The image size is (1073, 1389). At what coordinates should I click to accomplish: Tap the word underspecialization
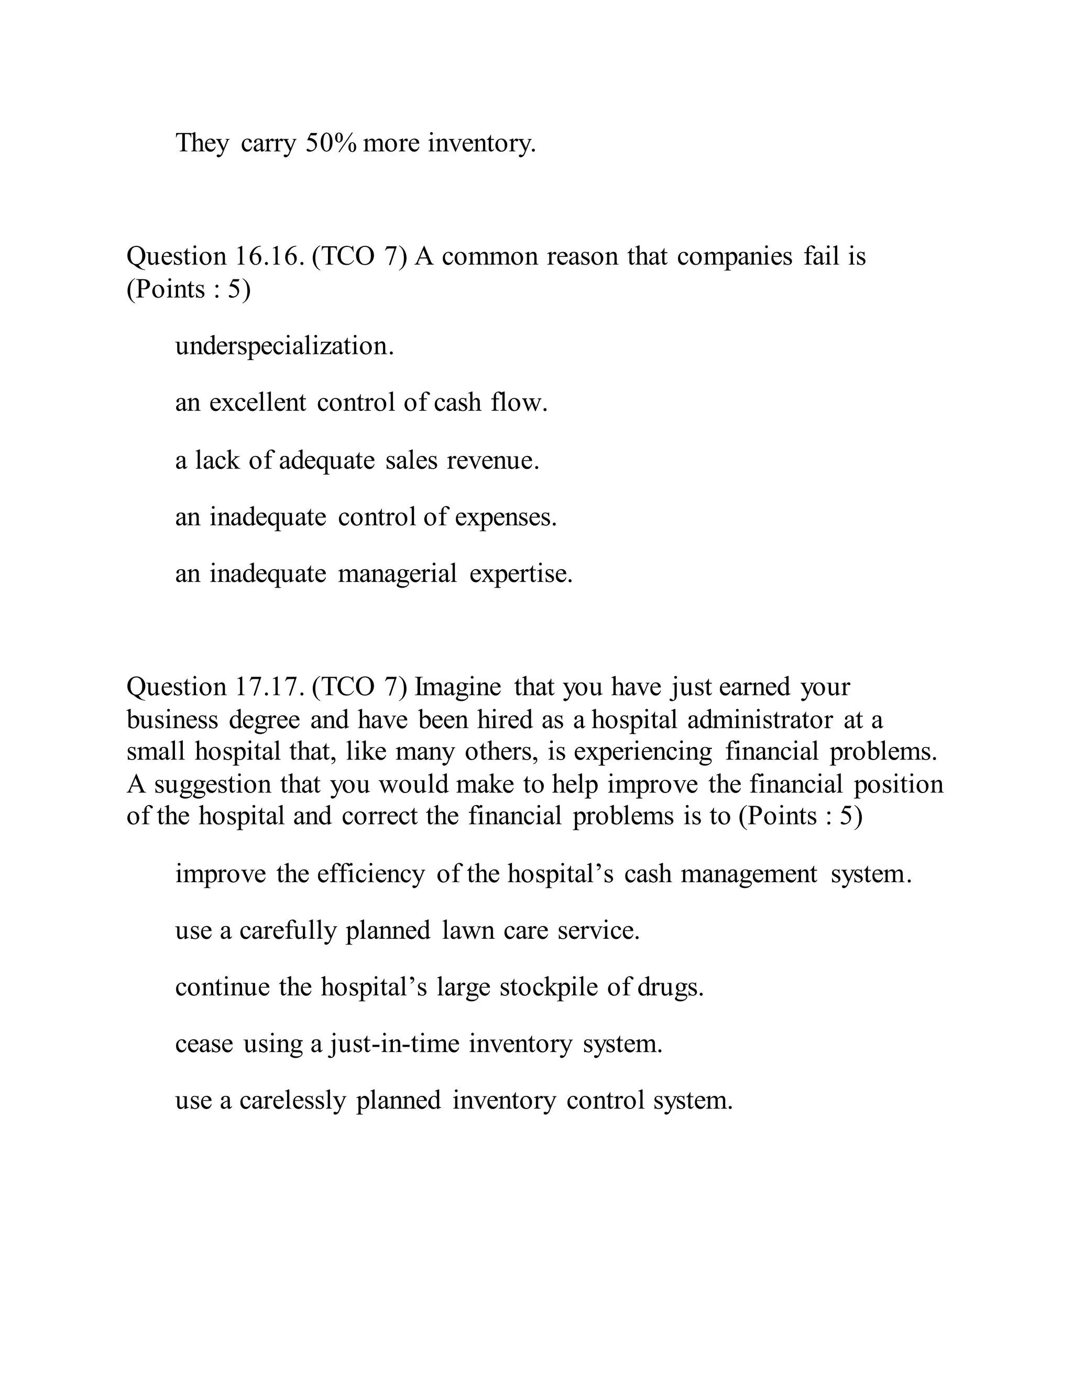tap(284, 346)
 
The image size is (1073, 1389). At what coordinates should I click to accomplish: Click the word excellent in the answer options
tap(257, 403)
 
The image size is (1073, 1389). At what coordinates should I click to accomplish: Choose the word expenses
tap(506, 517)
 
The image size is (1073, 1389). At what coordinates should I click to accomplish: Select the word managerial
tap(397, 573)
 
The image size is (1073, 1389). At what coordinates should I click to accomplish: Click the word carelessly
tap(292, 1101)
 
